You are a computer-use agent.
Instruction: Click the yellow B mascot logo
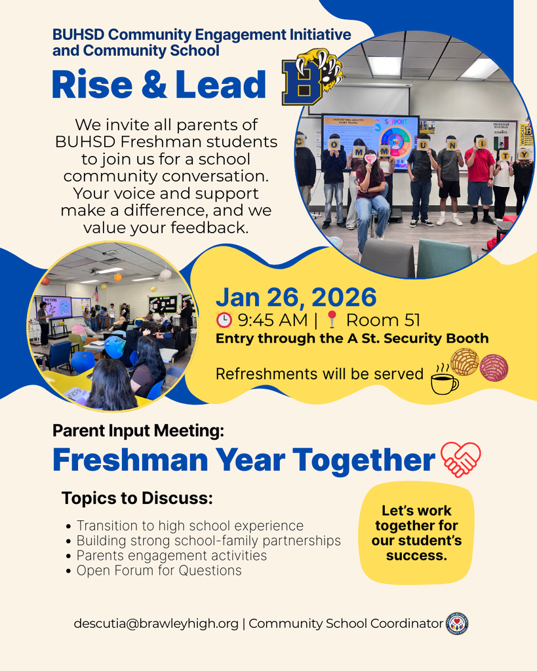pos(311,77)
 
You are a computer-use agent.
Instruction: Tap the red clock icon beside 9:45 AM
pos(224,320)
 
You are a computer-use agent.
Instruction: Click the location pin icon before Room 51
pos(332,320)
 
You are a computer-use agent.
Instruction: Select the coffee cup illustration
pos(444,381)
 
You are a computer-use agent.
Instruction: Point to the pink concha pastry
pos(494,368)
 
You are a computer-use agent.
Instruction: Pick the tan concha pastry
pos(464,362)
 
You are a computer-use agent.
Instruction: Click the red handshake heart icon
pos(460,459)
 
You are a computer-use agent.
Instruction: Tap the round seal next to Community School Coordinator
pos(457,623)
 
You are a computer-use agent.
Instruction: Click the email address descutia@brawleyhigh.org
pos(156,624)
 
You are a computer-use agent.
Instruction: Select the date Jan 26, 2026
pos(296,297)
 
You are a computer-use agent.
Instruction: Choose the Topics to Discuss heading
pos(137,498)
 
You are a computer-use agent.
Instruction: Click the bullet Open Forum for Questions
pos(159,571)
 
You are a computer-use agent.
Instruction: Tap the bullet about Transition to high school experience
pos(189,526)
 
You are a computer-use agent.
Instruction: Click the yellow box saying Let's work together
pos(416,533)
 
